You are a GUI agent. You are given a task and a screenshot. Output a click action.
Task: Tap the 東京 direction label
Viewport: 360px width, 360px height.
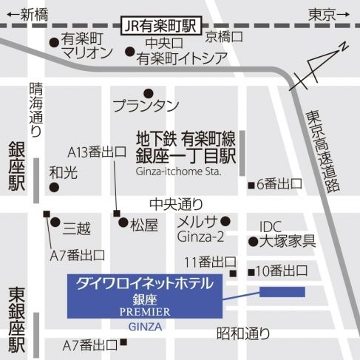(322, 13)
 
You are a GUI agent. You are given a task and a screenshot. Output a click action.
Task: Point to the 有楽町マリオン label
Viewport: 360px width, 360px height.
(86, 46)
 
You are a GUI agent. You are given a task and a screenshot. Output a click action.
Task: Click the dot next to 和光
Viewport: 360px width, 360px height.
(53, 188)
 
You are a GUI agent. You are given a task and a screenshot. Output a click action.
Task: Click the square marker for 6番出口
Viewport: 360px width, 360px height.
(251, 183)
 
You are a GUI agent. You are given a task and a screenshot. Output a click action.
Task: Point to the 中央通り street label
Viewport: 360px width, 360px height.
(175, 202)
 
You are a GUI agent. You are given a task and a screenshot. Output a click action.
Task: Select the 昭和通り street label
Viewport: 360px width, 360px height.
(243, 333)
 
